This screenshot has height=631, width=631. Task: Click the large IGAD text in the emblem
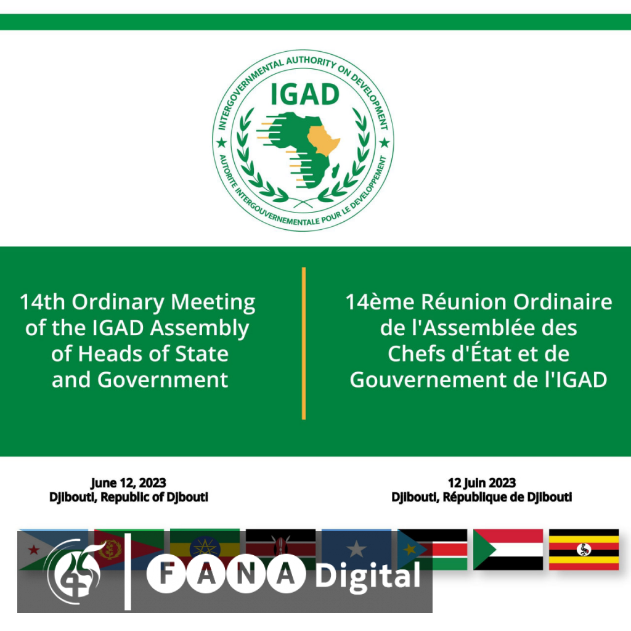pyautogui.click(x=304, y=94)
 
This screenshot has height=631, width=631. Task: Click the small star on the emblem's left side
pyautogui.click(x=221, y=142)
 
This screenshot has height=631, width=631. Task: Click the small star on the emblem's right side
pyautogui.click(x=385, y=142)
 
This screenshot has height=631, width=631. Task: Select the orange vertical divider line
pyautogui.click(x=304, y=343)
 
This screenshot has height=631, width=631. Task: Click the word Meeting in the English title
pyautogui.click(x=213, y=302)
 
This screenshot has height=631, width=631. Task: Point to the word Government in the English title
pyautogui.click(x=163, y=380)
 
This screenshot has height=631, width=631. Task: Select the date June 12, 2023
pyautogui.click(x=128, y=482)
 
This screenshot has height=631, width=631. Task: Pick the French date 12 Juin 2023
pyautogui.click(x=482, y=482)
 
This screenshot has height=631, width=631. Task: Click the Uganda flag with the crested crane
pyautogui.click(x=584, y=549)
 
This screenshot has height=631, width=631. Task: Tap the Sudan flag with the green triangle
pyautogui.click(x=508, y=549)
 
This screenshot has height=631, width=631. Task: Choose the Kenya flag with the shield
pyautogui.click(x=280, y=549)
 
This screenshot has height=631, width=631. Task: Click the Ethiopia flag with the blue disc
pyautogui.click(x=205, y=549)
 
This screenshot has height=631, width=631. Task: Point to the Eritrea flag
pyautogui.click(x=129, y=549)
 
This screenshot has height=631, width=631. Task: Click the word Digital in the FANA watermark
pyautogui.click(x=368, y=576)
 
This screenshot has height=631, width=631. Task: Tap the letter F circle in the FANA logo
pyautogui.click(x=166, y=574)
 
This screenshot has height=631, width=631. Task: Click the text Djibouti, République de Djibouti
pyautogui.click(x=482, y=497)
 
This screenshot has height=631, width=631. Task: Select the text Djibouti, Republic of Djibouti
pyautogui.click(x=129, y=497)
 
